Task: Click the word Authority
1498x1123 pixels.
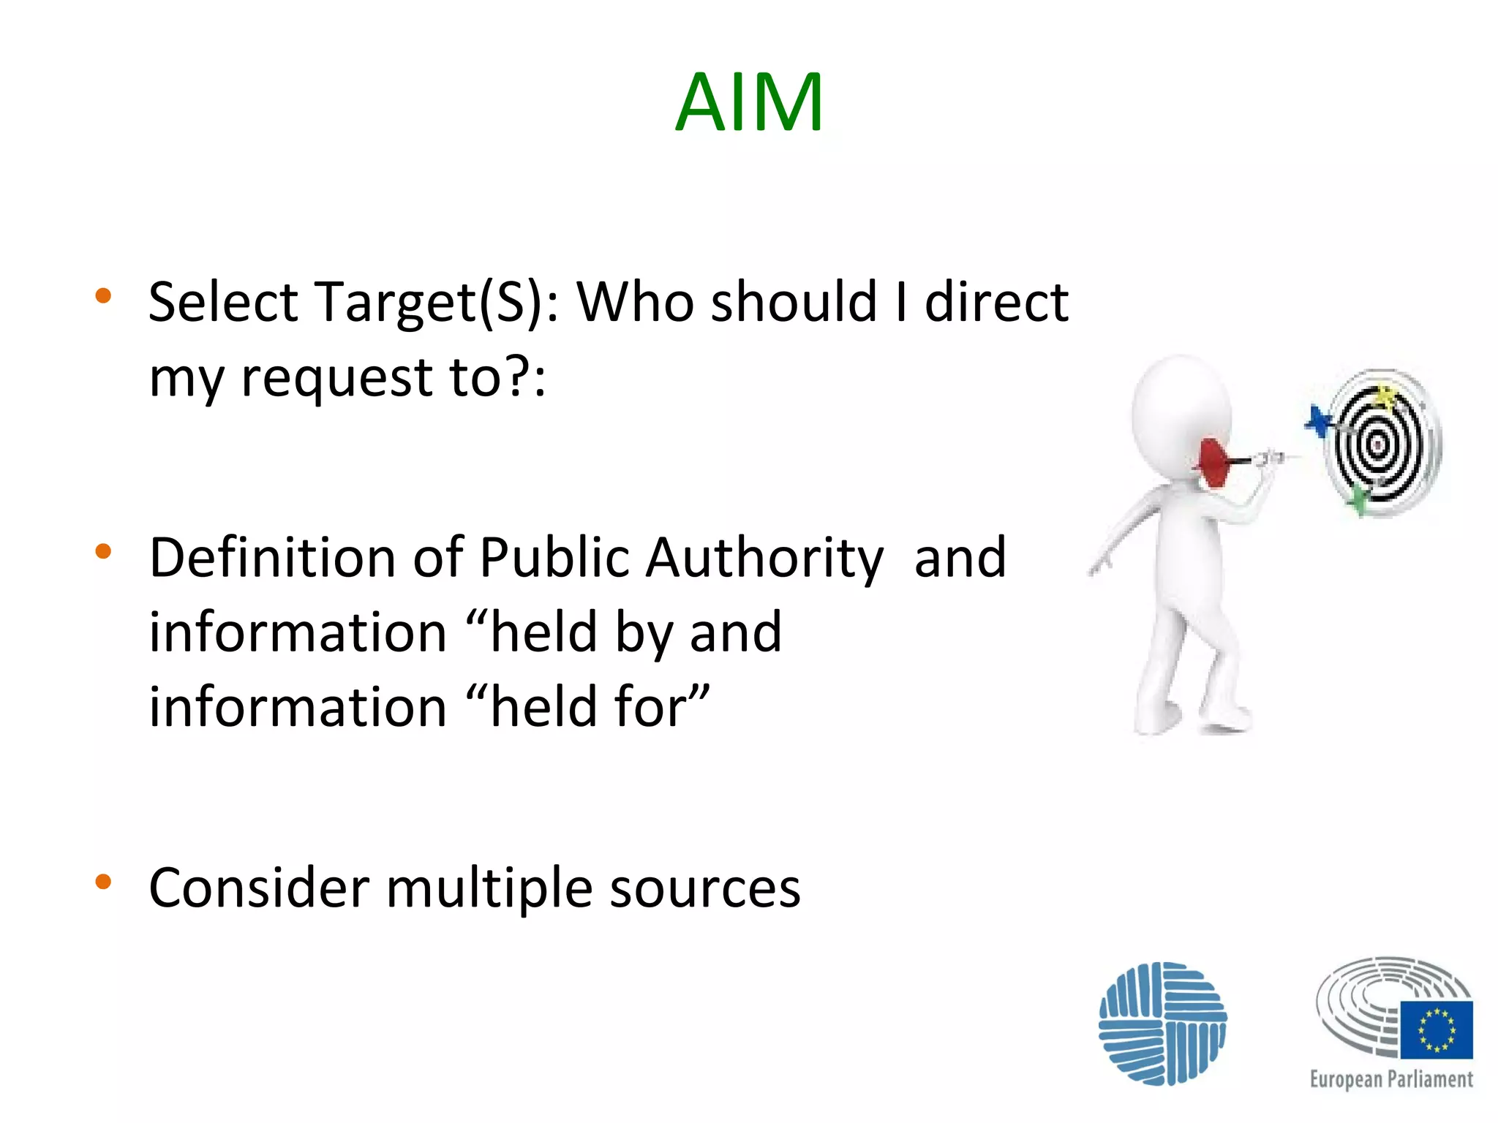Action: click(765, 559)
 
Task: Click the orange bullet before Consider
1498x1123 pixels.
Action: click(103, 882)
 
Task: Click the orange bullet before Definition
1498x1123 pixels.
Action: click(103, 551)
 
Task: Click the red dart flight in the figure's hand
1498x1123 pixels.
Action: click(1213, 461)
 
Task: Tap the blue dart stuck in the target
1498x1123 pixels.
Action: click(1319, 422)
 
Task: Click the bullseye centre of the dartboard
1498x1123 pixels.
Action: click(1377, 444)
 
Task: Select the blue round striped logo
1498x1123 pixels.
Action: click(1162, 1023)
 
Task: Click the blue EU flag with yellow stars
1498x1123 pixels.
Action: click(1437, 1029)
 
